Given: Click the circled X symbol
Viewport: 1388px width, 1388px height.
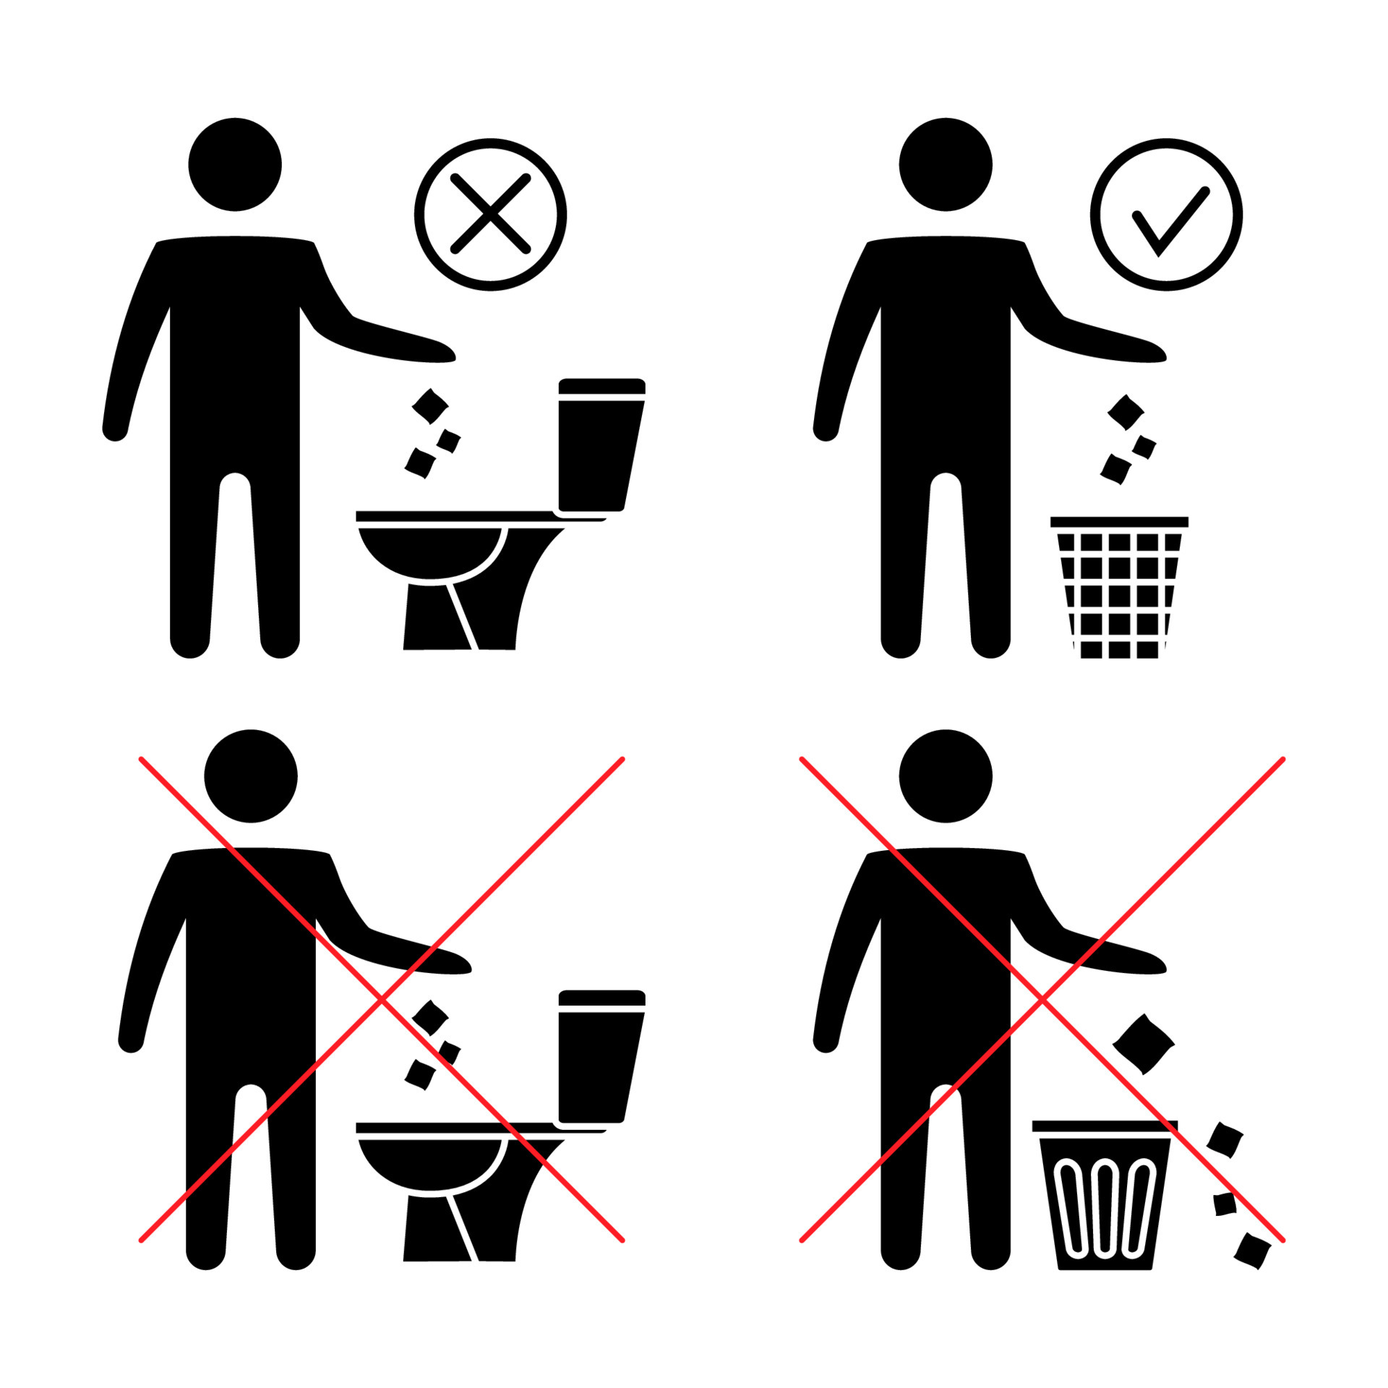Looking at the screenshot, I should pos(490,215).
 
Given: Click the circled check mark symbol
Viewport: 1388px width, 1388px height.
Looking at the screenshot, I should pos(1165,215).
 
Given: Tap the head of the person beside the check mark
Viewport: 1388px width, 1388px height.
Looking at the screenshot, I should pos(946,164).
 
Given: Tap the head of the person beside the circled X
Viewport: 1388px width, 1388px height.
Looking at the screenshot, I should pos(235,164).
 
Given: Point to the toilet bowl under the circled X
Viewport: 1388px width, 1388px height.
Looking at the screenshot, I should pos(429,553).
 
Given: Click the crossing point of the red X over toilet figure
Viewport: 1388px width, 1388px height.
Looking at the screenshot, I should pos(382,1000).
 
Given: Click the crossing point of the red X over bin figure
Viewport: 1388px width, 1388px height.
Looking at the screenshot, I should pos(1042,1000).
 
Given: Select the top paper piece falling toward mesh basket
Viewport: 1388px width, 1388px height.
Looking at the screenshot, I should pos(1126,413).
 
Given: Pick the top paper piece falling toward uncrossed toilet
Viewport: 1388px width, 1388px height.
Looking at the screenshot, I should pos(430,406).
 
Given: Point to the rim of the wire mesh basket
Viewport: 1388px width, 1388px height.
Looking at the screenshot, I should pos(1119,522).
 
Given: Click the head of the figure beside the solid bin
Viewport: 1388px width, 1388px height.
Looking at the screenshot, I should pos(946,776).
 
